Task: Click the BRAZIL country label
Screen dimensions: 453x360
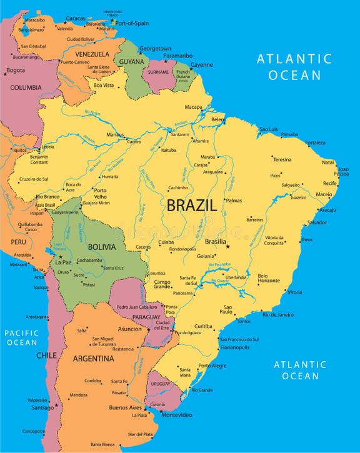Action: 192,205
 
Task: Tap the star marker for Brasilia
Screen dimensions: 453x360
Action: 228,246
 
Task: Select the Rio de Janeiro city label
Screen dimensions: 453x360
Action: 278,314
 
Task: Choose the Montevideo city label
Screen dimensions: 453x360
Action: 177,415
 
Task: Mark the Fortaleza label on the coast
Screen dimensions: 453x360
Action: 316,142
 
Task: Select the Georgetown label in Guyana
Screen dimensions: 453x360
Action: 155,48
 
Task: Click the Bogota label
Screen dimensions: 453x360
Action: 16,70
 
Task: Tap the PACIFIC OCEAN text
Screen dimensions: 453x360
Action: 22,337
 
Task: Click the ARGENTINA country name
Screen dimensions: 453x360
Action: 93,359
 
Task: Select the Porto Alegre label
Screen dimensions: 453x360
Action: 212,366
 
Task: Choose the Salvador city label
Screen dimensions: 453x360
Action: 317,222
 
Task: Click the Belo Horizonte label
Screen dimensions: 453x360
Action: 269,278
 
